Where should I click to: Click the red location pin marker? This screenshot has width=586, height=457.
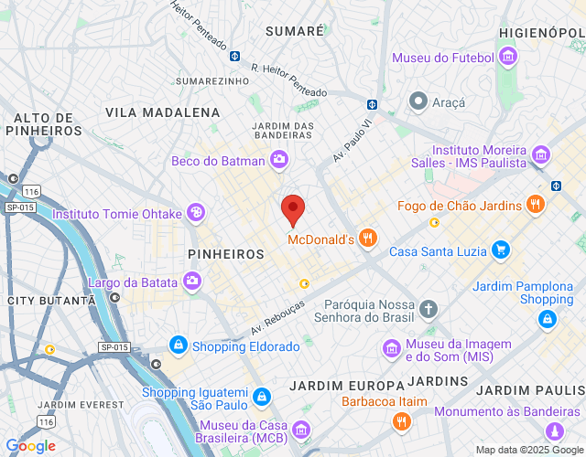point(293,209)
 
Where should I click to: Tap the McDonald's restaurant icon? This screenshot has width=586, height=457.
point(367,239)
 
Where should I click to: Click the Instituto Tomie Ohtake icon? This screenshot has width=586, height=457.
point(195,213)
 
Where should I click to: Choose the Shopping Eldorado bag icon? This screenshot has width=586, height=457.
point(178,345)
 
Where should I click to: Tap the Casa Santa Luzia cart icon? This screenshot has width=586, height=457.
point(500,249)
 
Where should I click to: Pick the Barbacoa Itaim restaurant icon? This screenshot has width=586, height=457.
point(401,420)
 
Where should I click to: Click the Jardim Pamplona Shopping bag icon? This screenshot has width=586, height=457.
point(547,319)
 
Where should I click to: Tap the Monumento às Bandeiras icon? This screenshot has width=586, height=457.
point(553,430)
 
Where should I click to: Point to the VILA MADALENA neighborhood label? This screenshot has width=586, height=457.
point(163,112)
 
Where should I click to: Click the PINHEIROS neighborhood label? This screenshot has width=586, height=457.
point(225,254)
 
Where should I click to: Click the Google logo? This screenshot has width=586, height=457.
point(29,446)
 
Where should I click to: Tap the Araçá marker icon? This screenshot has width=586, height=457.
point(418,101)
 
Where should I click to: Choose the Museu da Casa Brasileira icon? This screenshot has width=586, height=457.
point(299,428)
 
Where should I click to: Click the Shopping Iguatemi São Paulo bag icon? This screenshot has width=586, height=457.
point(262,397)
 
